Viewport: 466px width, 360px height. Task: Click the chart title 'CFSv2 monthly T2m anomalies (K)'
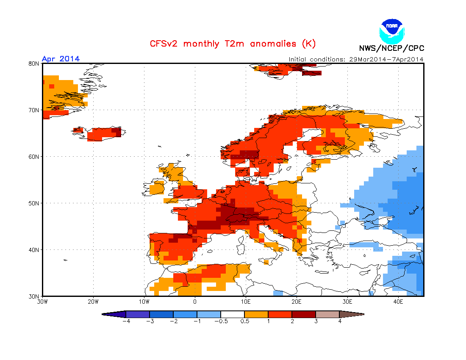pos(233,44)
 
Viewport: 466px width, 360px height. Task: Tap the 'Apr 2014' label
pos(61,58)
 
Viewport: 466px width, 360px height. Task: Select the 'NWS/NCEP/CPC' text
pos(391,48)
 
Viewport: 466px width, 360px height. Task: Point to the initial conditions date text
pos(356,59)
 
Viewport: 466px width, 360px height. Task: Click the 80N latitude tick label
pos(34,64)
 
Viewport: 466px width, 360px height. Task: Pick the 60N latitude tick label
pos(34,157)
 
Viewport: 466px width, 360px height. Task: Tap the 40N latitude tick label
pos(34,250)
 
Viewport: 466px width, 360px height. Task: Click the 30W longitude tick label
pos(42,302)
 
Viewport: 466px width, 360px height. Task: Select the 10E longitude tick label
pos(246,302)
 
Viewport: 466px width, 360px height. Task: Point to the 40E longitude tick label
pos(398,302)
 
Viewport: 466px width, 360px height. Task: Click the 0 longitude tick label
pos(195,302)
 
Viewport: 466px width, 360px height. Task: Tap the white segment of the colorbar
pos(232,314)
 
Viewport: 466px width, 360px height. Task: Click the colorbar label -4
pos(125,321)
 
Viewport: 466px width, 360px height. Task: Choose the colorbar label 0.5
pos(244,321)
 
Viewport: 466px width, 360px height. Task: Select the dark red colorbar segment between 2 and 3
pos(303,314)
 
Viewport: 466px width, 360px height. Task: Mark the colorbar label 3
pos(316,321)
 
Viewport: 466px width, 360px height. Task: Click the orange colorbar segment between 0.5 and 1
pos(256,314)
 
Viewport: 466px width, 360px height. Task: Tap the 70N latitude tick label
pos(34,110)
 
